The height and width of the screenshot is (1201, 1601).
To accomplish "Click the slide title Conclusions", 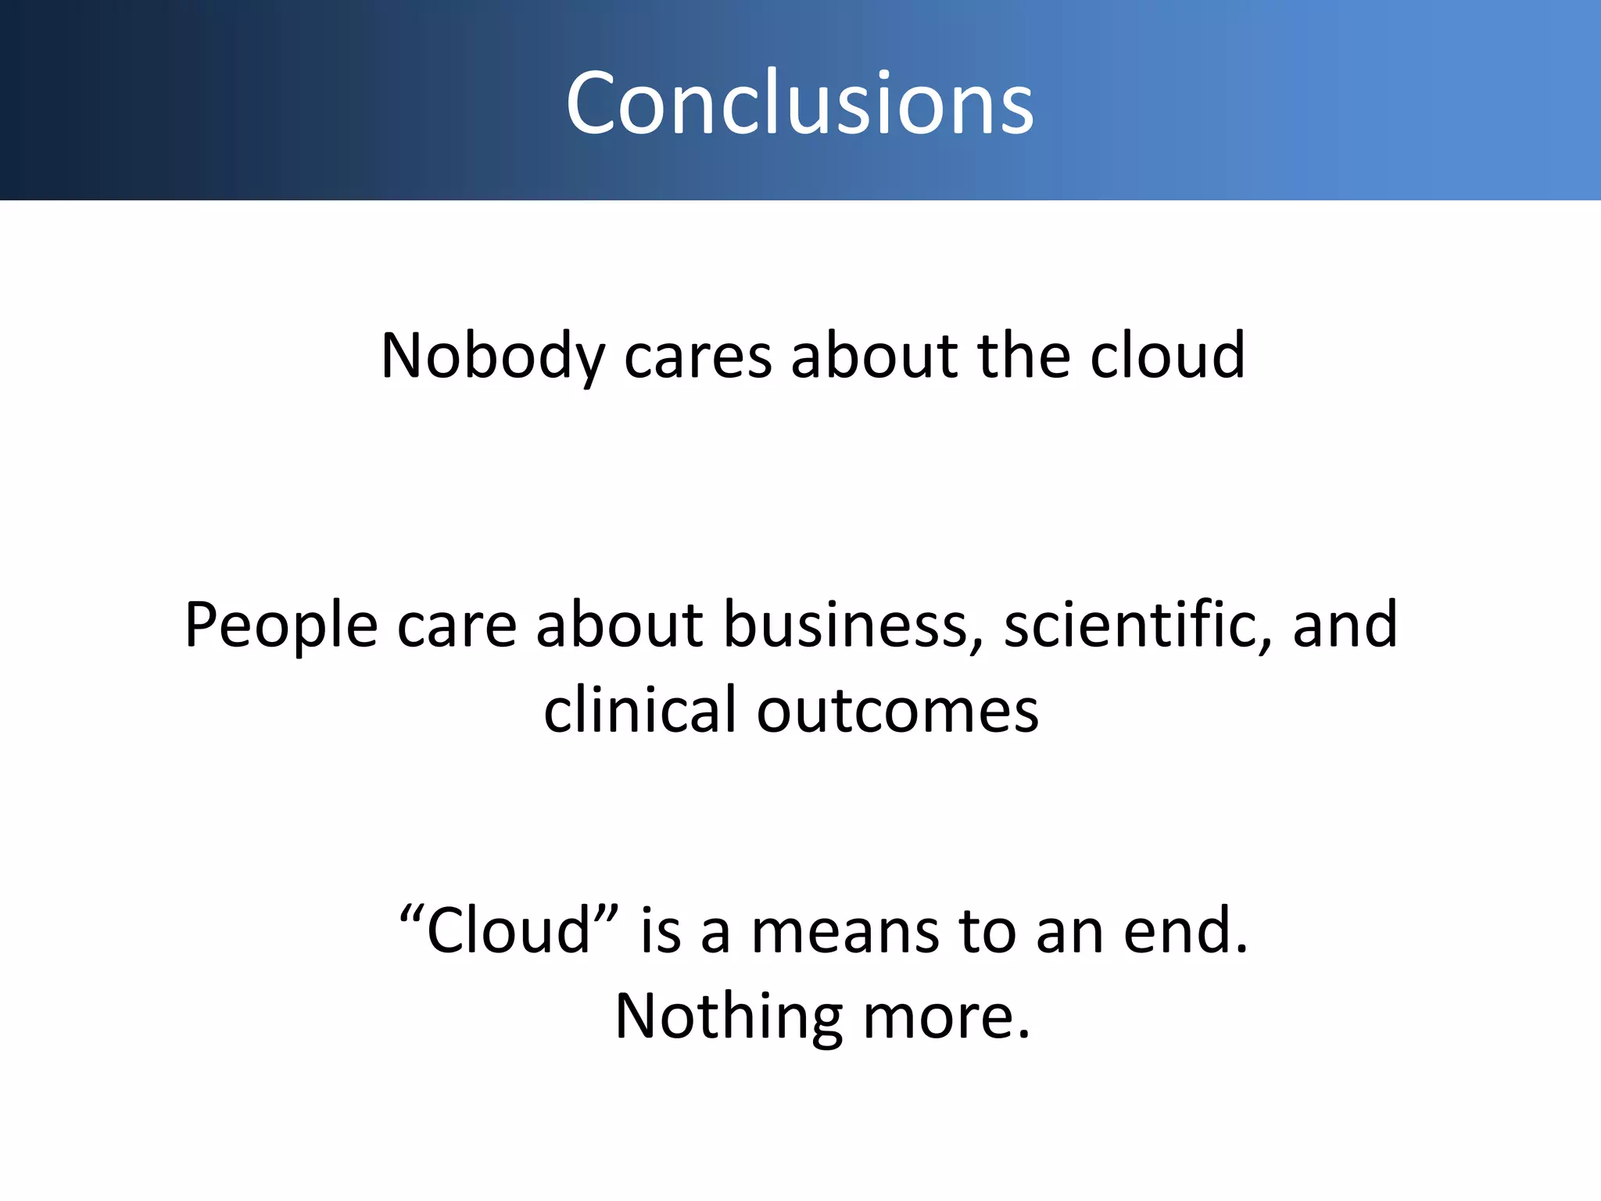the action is tap(800, 102).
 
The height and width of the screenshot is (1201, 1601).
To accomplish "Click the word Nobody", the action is tap(492, 357).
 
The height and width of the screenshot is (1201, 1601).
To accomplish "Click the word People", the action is tap(281, 626).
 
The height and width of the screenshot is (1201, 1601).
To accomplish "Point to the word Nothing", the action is tap(729, 1016).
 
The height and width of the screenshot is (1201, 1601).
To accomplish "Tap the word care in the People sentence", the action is tap(457, 626).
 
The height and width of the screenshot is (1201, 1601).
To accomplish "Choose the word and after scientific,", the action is tap(1345, 625).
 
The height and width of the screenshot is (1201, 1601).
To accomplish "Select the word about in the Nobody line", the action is tap(874, 356).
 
